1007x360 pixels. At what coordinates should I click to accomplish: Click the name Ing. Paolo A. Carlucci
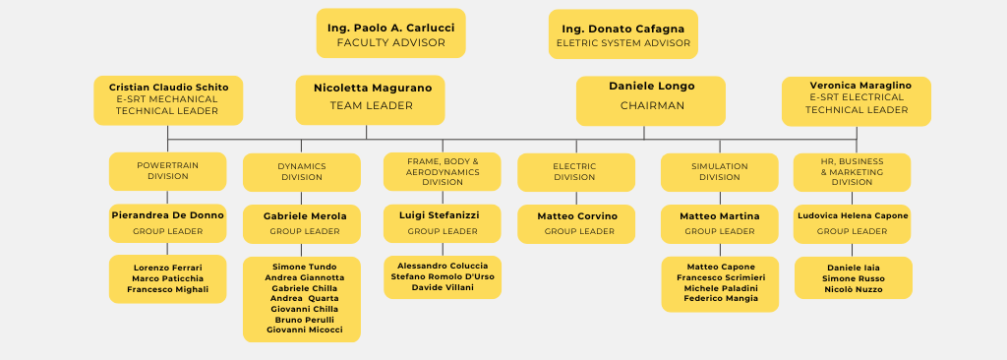click(x=390, y=28)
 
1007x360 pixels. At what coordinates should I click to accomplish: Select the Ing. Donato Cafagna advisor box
click(x=622, y=34)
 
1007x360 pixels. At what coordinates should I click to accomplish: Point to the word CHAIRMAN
click(x=651, y=106)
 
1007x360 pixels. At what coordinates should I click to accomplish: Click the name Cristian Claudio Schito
click(x=168, y=88)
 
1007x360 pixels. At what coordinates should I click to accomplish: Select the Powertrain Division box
click(x=167, y=171)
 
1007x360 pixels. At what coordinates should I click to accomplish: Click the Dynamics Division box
click(x=301, y=172)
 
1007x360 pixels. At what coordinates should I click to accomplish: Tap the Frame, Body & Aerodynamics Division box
click(x=442, y=171)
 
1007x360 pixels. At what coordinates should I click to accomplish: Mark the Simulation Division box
click(x=719, y=172)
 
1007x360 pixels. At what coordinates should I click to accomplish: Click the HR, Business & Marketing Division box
click(x=852, y=171)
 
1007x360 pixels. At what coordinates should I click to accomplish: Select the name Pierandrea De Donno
click(x=167, y=214)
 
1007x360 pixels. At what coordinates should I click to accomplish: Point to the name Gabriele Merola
click(x=304, y=216)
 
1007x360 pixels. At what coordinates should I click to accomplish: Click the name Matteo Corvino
click(x=577, y=216)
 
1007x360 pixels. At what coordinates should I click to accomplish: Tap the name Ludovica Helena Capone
click(x=853, y=215)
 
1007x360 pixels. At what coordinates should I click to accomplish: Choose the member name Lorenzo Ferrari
click(x=168, y=268)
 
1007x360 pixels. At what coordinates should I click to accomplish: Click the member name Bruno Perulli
click(x=304, y=320)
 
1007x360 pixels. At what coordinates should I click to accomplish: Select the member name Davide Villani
click(x=442, y=288)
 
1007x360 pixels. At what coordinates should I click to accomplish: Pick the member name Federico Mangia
click(x=720, y=298)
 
